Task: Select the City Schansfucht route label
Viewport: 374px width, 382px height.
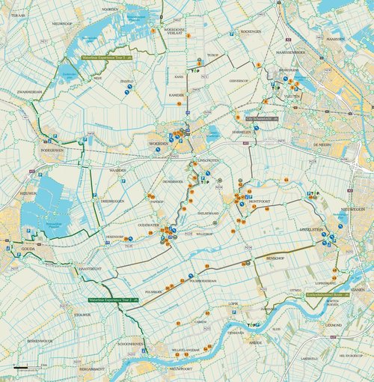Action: [262, 118]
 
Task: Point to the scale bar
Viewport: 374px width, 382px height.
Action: [29, 368]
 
